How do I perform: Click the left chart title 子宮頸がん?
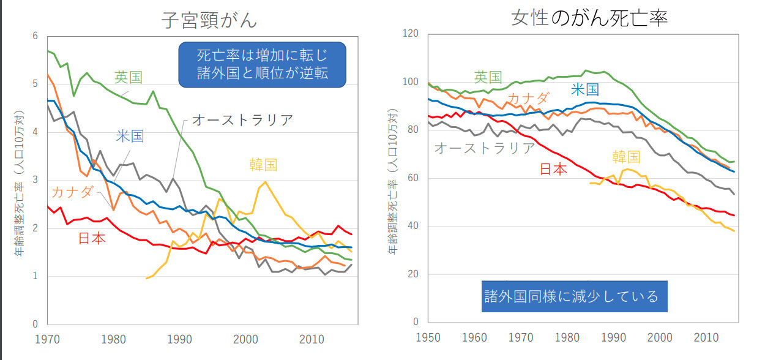tap(209, 20)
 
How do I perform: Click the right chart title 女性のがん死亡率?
tap(589, 18)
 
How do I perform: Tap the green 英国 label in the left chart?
tap(129, 77)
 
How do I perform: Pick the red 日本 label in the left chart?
tap(92, 238)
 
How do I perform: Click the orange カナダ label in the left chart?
tap(72, 192)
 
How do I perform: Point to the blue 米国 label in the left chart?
tap(130, 136)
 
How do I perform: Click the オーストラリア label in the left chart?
tap(242, 120)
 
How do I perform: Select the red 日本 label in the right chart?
tap(553, 169)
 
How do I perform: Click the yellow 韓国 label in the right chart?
tap(626, 157)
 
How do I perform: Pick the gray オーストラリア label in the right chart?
tap(484, 148)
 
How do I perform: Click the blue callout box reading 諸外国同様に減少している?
tap(574, 296)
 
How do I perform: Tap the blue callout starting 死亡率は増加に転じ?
tap(262, 64)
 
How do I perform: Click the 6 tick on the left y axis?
tap(35, 36)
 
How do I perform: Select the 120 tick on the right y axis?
tap(410, 34)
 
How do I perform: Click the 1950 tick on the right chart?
tap(427, 338)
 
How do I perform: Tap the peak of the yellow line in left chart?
tap(265, 182)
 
